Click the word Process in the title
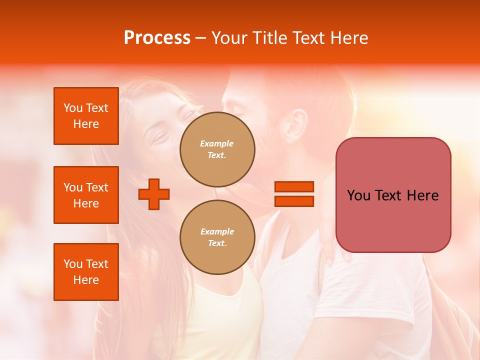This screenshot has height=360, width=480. coord(157,38)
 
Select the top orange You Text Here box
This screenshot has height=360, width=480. coord(86,116)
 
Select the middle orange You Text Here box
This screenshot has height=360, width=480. coord(86,195)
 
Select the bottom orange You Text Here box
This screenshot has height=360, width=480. coord(86,271)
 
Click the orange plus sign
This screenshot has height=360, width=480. coord(154,194)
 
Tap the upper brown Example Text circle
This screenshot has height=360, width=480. coord(217,149)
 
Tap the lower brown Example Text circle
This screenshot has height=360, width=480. coord(217,237)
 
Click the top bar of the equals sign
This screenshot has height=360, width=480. coord(294,186)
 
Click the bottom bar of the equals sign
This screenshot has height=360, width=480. coord(294,201)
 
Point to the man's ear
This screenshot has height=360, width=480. coord(298,125)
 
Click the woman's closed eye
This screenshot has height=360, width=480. coord(161,135)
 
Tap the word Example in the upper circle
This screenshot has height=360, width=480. coord(217,143)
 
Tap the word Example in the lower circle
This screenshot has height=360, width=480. coord(217,231)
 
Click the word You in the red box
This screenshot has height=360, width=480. coord(358,195)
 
